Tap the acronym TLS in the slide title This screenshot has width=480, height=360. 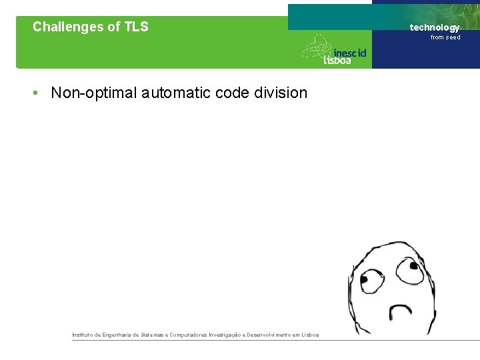[135, 27]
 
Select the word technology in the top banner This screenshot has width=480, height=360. [435, 27]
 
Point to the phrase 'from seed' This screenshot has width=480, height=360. [445, 37]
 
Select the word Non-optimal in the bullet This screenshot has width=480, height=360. [94, 93]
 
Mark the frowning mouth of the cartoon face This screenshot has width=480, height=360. [401, 311]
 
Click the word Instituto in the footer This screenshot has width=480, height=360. [85, 335]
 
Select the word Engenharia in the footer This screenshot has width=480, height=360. [118, 335]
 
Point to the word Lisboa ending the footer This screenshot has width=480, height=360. [310, 335]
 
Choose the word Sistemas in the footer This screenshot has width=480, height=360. [155, 335]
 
